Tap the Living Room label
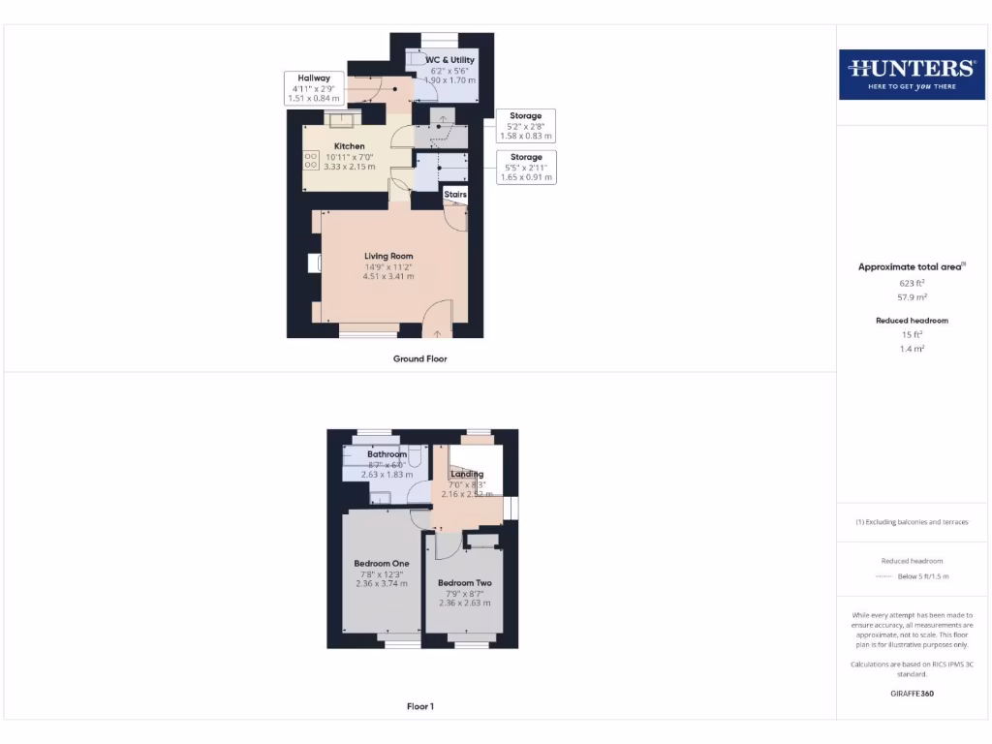pyautogui.click(x=388, y=256)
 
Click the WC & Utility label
pyautogui.click(x=450, y=60)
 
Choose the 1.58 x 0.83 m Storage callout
pyautogui.click(x=526, y=127)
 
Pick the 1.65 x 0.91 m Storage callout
pyautogui.click(x=526, y=167)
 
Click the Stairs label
pyautogui.click(x=455, y=195)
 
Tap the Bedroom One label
pyautogui.click(x=381, y=563)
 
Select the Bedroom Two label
pyautogui.click(x=464, y=582)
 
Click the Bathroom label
pyautogui.click(x=387, y=453)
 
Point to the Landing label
pyautogui.click(x=467, y=474)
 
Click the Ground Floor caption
pyautogui.click(x=419, y=358)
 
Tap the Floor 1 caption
pyautogui.click(x=419, y=706)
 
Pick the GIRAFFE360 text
pyautogui.click(x=911, y=694)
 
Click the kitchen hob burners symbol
pyautogui.click(x=312, y=160)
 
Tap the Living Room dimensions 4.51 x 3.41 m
pyautogui.click(x=388, y=276)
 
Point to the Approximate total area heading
pyautogui.click(x=911, y=266)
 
